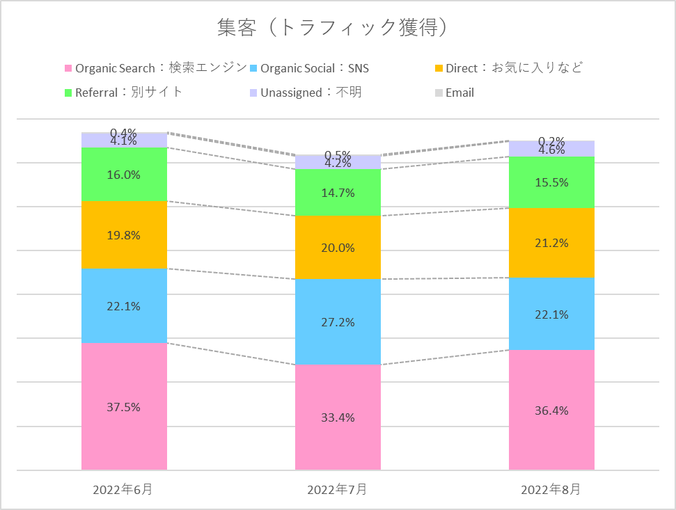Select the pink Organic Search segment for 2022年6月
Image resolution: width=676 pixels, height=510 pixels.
coord(125,431)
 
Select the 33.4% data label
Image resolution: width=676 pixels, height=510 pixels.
coord(338,417)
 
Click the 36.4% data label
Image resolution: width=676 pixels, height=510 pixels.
coord(552,411)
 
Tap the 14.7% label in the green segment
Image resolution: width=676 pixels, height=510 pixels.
coord(338,193)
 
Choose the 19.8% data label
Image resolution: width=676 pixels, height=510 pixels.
coord(125,235)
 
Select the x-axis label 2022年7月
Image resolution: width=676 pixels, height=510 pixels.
coord(337,490)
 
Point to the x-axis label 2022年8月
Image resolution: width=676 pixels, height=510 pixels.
coord(551,490)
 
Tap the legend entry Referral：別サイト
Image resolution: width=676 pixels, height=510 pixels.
coord(129,93)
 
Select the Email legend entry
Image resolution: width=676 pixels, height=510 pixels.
coord(459,93)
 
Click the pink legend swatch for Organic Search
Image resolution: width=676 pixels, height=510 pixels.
coord(68,68)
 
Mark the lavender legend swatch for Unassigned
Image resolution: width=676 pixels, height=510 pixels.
coord(253,93)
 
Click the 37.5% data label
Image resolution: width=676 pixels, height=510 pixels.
coord(125,407)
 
